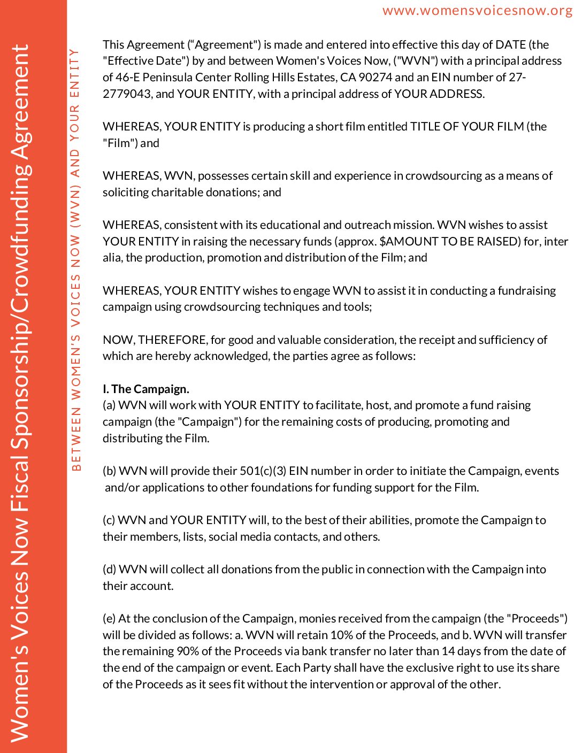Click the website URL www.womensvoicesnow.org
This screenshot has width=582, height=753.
coord(477,11)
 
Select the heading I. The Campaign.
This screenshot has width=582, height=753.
coord(146,389)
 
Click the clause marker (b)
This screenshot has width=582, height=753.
coord(109,471)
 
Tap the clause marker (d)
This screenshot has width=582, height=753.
coord(109,569)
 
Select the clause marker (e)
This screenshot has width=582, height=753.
coord(109,618)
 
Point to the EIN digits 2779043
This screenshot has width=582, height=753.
coord(127,94)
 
